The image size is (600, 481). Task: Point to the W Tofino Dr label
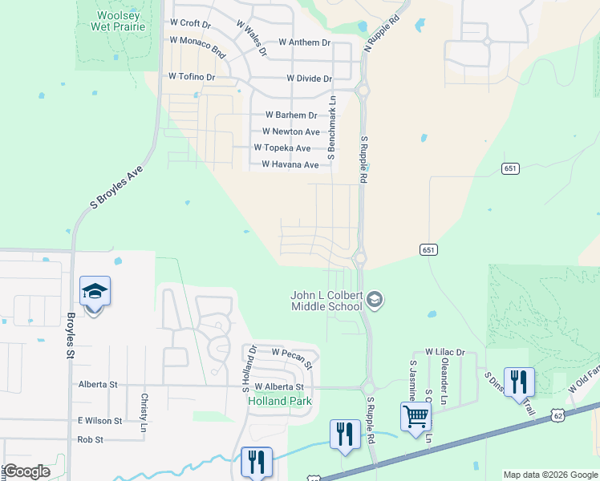pyautogui.click(x=192, y=77)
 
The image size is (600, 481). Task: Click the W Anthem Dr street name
pyautogui.click(x=305, y=42)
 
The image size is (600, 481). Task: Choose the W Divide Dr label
pyautogui.click(x=309, y=79)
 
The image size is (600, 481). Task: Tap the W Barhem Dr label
pyautogui.click(x=290, y=115)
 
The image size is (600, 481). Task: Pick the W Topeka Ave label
pyautogui.click(x=282, y=148)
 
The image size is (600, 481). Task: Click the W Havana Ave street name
pyautogui.click(x=290, y=165)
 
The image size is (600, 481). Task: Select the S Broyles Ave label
pyautogui.click(x=116, y=188)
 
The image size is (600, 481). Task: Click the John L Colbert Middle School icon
pyautogui.click(x=375, y=301)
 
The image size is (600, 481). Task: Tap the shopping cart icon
pyautogui.click(x=416, y=416)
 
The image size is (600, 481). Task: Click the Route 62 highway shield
pyautogui.click(x=557, y=413)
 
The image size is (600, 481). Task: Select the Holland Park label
pyautogui.click(x=279, y=401)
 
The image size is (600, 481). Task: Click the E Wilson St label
pyautogui.click(x=99, y=421)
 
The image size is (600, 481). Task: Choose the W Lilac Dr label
pyautogui.click(x=445, y=352)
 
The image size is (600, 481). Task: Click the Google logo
pyautogui.click(x=26, y=471)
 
